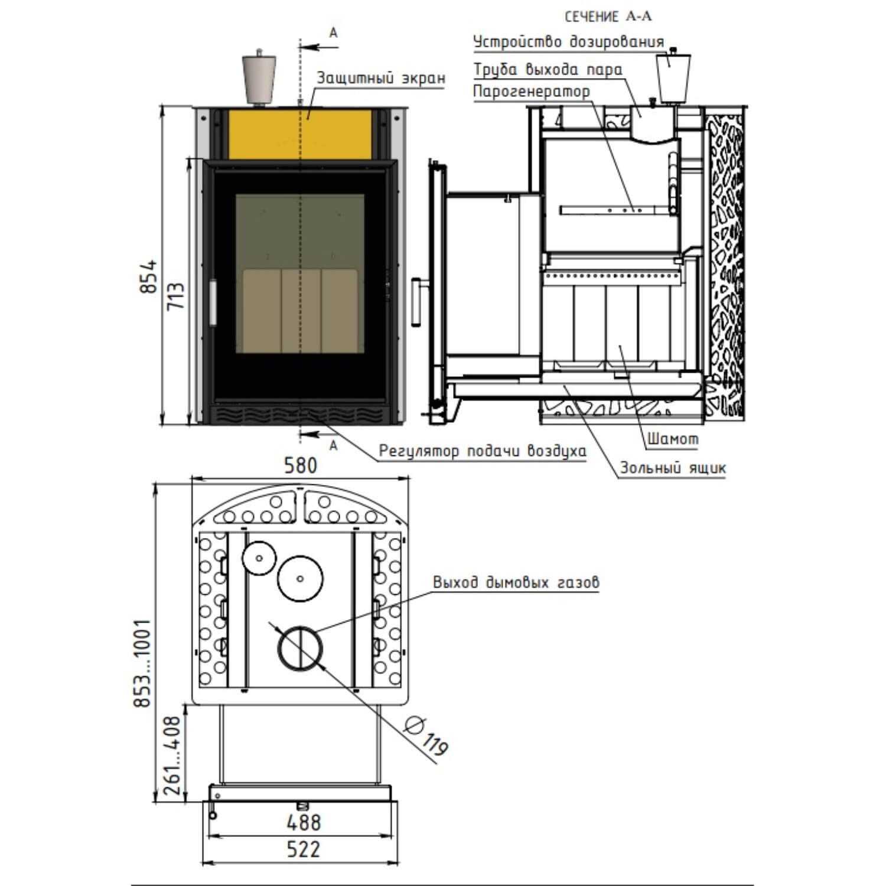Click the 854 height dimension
coord(149,276)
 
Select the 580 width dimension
coord(301,466)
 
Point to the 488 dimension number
coord(304,822)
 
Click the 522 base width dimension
coord(303,849)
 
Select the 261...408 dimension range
coord(172,757)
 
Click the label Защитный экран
coord(381,78)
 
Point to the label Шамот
coord(673,439)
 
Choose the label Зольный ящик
coord(673,468)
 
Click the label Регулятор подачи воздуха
coord(483,452)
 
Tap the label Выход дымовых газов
coord(516,582)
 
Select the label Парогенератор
coord(532,92)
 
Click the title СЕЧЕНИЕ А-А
coord(608,17)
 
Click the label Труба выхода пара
coord(548,70)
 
